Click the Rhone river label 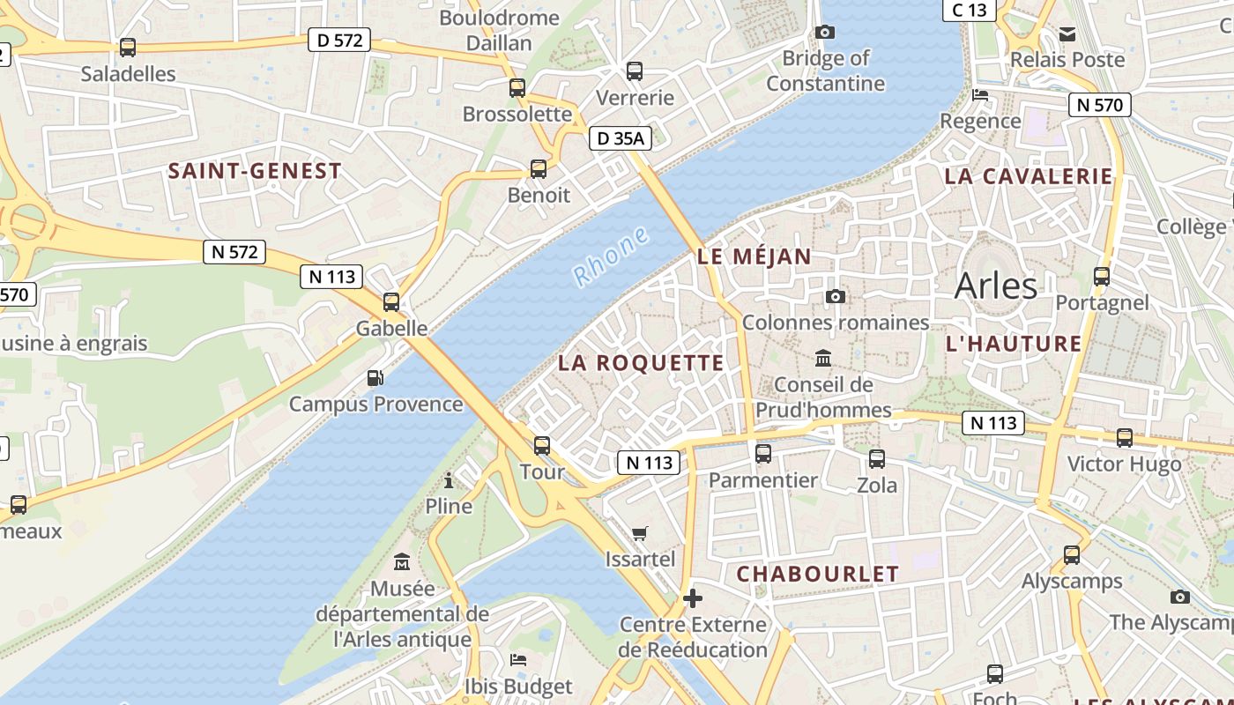click(x=612, y=256)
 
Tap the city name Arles click(x=996, y=286)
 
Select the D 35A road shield click(x=620, y=138)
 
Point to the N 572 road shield click(x=234, y=252)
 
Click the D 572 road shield click(x=339, y=40)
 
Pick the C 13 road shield click(x=970, y=10)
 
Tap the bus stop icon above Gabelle click(x=391, y=302)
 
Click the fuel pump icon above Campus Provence click(x=375, y=378)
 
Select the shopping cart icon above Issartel click(x=640, y=533)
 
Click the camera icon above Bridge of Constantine click(x=825, y=33)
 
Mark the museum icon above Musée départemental click(x=403, y=561)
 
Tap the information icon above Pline click(x=449, y=480)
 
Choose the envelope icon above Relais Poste click(x=1067, y=34)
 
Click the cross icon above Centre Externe click(x=693, y=598)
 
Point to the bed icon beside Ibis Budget click(x=518, y=659)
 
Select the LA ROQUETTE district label click(x=641, y=363)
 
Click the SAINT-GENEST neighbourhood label click(x=255, y=171)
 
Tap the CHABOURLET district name click(x=818, y=574)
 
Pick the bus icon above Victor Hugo click(x=1124, y=438)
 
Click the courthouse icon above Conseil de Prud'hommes click(x=823, y=359)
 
